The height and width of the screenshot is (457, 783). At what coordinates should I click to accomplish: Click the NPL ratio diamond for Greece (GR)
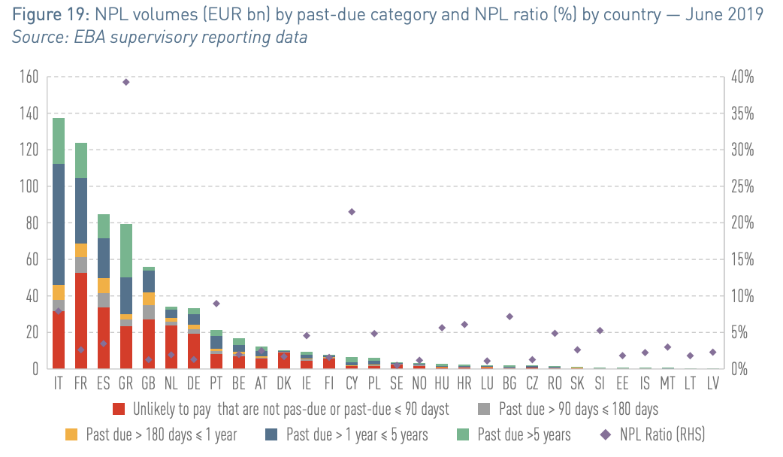click(125, 82)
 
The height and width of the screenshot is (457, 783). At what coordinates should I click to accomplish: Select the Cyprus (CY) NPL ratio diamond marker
click(352, 212)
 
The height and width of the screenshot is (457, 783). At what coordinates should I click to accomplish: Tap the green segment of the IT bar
click(59, 141)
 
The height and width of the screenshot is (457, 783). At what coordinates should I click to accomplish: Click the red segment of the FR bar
click(81, 321)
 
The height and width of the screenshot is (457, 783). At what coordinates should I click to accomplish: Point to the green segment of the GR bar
click(125, 251)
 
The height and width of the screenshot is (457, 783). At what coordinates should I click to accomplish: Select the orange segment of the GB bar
click(148, 298)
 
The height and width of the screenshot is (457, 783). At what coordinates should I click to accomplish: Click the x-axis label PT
click(216, 383)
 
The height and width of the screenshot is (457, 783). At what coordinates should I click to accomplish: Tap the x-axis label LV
click(713, 383)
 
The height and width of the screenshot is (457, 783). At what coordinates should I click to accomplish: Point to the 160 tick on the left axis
click(29, 77)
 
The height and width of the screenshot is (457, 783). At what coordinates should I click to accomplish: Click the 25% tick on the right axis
click(742, 187)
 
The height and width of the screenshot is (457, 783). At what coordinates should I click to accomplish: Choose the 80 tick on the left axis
click(32, 222)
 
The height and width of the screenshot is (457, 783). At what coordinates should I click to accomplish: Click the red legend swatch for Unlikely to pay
click(119, 409)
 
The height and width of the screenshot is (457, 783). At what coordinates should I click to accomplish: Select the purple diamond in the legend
click(606, 434)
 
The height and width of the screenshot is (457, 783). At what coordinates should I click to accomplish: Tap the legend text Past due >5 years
click(524, 434)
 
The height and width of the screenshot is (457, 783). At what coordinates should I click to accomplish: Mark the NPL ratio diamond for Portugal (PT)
click(216, 304)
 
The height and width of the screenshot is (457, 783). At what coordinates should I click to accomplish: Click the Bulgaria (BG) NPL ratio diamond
click(509, 316)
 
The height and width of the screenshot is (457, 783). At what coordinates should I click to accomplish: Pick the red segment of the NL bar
click(171, 347)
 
